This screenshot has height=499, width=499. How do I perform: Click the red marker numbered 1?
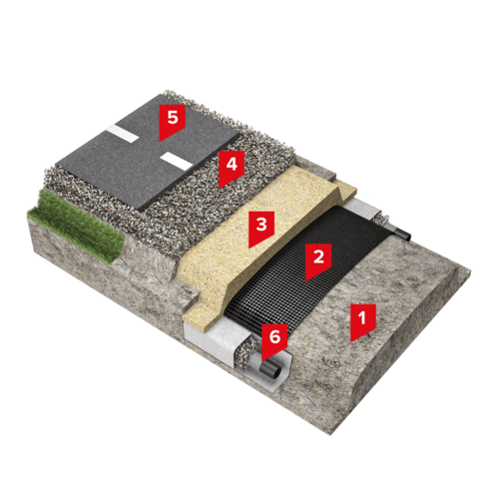click(x=363, y=321)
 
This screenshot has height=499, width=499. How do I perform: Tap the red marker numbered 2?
click(x=318, y=260)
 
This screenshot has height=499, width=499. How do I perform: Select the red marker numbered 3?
click(x=261, y=228)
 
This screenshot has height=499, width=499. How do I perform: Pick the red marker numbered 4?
click(x=232, y=168)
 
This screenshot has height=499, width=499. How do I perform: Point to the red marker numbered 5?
click(x=173, y=121)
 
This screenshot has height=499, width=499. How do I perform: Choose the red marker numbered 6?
click(x=274, y=340)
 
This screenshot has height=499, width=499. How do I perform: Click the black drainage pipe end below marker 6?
click(x=270, y=368)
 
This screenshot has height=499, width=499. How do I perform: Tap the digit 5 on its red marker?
click(x=173, y=117)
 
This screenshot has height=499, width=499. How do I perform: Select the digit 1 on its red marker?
click(x=362, y=317)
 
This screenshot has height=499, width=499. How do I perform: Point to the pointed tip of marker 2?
click(x=306, y=280)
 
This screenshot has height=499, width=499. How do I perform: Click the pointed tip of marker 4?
click(x=220, y=188)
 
